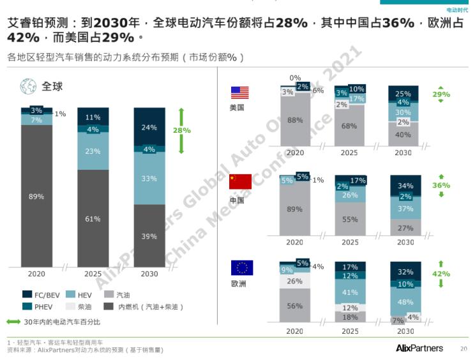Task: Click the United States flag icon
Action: (240, 93)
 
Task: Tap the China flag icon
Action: (241, 181)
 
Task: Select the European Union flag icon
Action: (241, 267)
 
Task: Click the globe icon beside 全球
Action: (28, 86)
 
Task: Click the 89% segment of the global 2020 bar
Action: (36, 197)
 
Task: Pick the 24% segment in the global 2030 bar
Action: (149, 127)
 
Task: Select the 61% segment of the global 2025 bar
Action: (93, 219)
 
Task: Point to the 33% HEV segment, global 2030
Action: (149, 179)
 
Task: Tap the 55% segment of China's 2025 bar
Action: (350, 219)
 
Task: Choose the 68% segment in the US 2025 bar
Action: (349, 126)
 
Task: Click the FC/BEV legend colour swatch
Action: (27, 294)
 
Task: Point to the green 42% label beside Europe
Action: (441, 273)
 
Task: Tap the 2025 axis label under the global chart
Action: (93, 273)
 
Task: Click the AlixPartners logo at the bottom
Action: (419, 347)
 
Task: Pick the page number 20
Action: (464, 349)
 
